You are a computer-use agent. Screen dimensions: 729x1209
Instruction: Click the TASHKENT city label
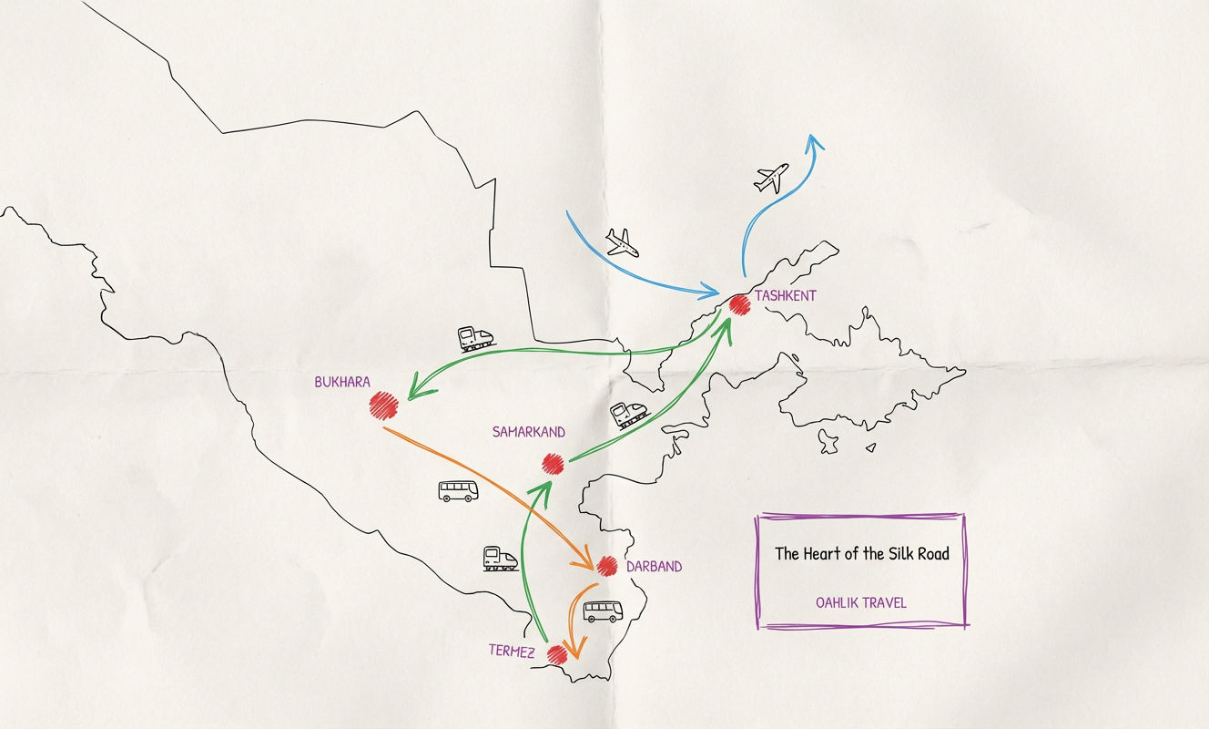(x=785, y=296)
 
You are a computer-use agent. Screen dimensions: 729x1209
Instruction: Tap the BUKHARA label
(x=342, y=383)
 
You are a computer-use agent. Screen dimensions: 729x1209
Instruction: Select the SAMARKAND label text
(x=528, y=432)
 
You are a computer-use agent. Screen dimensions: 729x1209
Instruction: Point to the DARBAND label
(x=654, y=567)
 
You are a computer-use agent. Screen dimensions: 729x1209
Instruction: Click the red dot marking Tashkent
(x=738, y=305)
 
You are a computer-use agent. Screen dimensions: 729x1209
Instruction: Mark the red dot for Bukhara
(x=384, y=405)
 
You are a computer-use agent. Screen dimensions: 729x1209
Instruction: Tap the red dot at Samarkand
(x=554, y=463)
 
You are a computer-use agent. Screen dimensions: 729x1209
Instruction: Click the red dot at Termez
(x=557, y=652)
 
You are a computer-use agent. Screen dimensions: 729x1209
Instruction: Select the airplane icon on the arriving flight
(x=622, y=242)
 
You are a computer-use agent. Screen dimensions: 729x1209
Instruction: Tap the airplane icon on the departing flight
(x=771, y=178)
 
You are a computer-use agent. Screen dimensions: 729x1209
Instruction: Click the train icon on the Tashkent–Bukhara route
(x=476, y=339)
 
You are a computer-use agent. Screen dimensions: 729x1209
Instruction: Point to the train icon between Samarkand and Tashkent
(x=629, y=415)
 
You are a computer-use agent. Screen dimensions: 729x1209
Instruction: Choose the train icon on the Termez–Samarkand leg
(x=500, y=558)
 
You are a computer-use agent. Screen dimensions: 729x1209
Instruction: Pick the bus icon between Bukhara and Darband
(x=458, y=491)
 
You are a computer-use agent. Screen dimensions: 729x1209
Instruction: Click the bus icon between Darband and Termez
(x=602, y=611)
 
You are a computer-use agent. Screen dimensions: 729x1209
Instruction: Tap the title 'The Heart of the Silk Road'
(x=861, y=553)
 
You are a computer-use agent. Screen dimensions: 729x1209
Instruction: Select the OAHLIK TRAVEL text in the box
(x=861, y=602)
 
